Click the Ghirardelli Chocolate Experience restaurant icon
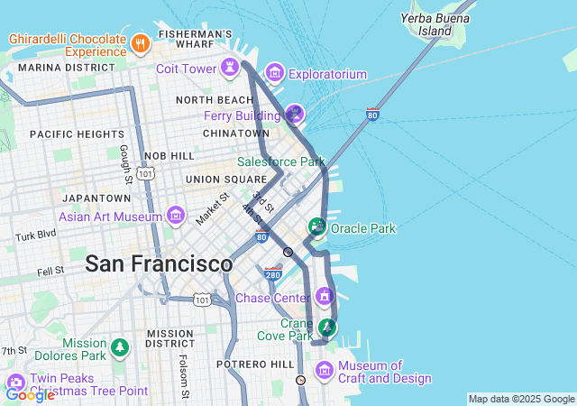coord(140,42)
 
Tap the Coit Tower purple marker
coord(231,68)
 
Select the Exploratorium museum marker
coord(275,73)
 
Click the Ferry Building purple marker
coord(294,114)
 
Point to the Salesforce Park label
coord(280,162)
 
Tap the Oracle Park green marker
coord(316,226)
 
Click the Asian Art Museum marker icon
coord(176,216)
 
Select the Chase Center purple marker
coord(325,296)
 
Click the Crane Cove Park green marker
coord(328,327)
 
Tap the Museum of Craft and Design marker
coord(325,371)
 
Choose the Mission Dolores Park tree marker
coord(119,347)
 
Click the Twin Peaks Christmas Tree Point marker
coord(15,383)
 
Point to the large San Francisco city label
coord(159,264)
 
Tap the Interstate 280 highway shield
coord(273,272)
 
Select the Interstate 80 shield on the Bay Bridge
coord(372,115)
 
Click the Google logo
coord(30,394)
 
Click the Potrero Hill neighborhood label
coord(255,364)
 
